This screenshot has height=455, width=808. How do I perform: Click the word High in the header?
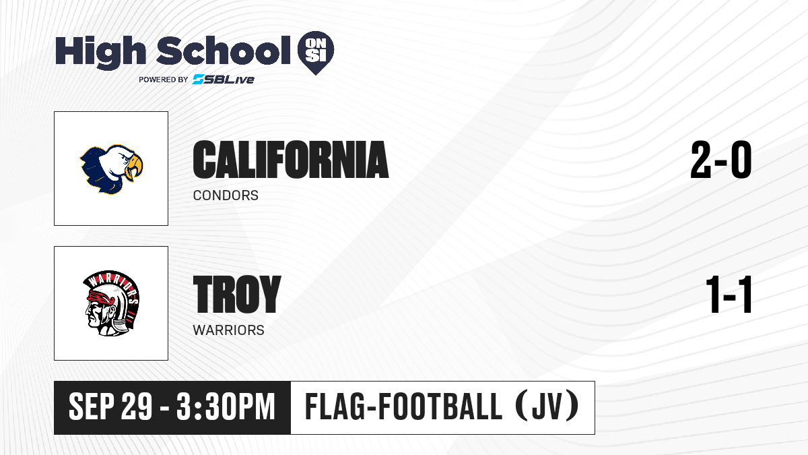(x=100, y=52)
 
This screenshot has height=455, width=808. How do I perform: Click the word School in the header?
(x=224, y=51)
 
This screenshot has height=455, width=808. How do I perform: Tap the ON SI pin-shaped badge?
(x=316, y=53)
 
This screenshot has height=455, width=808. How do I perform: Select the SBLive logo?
(x=224, y=79)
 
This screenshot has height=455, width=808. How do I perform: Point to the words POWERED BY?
(x=164, y=80)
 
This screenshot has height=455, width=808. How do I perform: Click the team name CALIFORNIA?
(x=291, y=160)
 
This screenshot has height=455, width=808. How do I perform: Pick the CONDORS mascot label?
(x=226, y=195)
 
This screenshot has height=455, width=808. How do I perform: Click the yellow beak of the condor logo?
(x=134, y=167)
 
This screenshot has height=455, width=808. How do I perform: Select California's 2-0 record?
(x=721, y=160)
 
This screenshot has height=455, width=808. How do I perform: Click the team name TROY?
(x=237, y=294)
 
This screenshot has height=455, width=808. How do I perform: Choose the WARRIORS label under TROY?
(x=229, y=330)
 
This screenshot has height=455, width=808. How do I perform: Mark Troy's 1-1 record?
(x=729, y=294)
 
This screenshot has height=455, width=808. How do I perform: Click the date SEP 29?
(x=110, y=406)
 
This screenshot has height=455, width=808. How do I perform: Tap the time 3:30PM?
(x=226, y=406)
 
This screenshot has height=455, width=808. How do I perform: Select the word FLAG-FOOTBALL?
(x=403, y=406)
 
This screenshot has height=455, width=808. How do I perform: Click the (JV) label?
(x=547, y=406)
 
